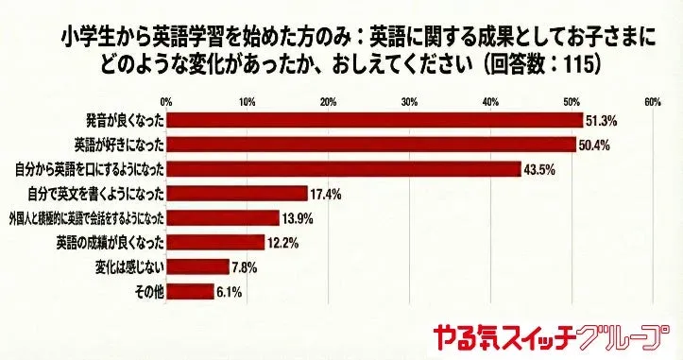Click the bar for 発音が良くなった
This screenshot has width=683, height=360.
pyautogui.click(x=374, y=121)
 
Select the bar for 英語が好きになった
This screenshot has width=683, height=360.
pyautogui.click(x=370, y=145)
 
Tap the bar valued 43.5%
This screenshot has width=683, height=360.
pyautogui.click(x=343, y=169)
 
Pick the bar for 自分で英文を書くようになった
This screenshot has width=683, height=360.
pyautogui.click(x=236, y=194)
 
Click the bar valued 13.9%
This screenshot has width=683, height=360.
pyautogui.click(x=222, y=218)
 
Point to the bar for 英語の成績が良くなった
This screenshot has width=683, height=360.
pyautogui.click(x=215, y=243)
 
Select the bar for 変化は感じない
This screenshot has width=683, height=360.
pyautogui.click(x=197, y=267)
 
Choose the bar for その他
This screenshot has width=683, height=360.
pyautogui.click(x=190, y=292)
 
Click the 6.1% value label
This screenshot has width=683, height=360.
pyautogui.click(x=230, y=292)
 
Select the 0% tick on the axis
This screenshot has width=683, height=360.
pyautogui.click(x=166, y=101)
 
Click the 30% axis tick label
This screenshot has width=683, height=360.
pyautogui.click(x=409, y=101)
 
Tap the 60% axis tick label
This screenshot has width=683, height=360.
pyautogui.click(x=652, y=101)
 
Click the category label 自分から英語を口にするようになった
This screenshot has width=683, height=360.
pyautogui.click(x=92, y=169)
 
